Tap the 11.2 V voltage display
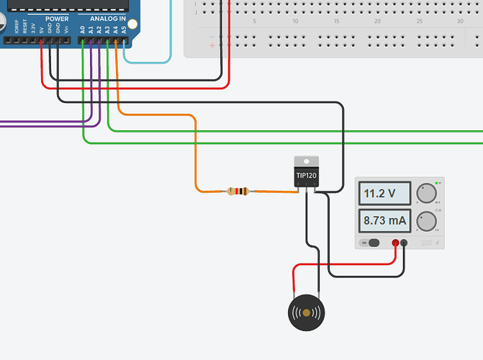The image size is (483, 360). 385,194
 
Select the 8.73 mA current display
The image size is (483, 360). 385,221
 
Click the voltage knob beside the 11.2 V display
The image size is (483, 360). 426,193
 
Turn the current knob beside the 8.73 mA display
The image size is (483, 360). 426,221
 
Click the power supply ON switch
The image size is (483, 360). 373,243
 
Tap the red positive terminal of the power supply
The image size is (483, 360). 395,243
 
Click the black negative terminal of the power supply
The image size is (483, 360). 404,243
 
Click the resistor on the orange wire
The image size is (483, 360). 237,192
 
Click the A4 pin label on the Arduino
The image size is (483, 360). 115,30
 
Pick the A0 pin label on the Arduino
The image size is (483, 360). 83,30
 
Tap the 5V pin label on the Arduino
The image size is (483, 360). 42,30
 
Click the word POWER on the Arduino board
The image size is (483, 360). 56,18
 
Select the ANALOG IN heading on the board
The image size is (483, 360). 108,18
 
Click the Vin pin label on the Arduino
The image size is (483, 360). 66,30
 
